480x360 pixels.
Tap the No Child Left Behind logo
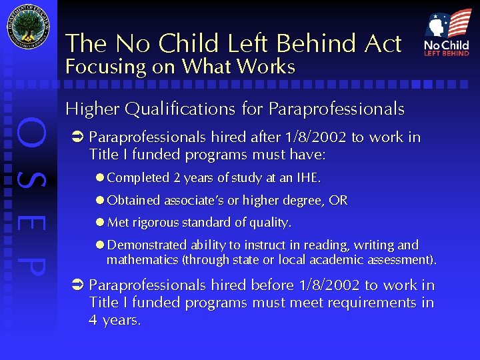pos(447,33)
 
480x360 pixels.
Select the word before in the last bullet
pos(271,285)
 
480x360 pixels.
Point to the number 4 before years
pos(93,320)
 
